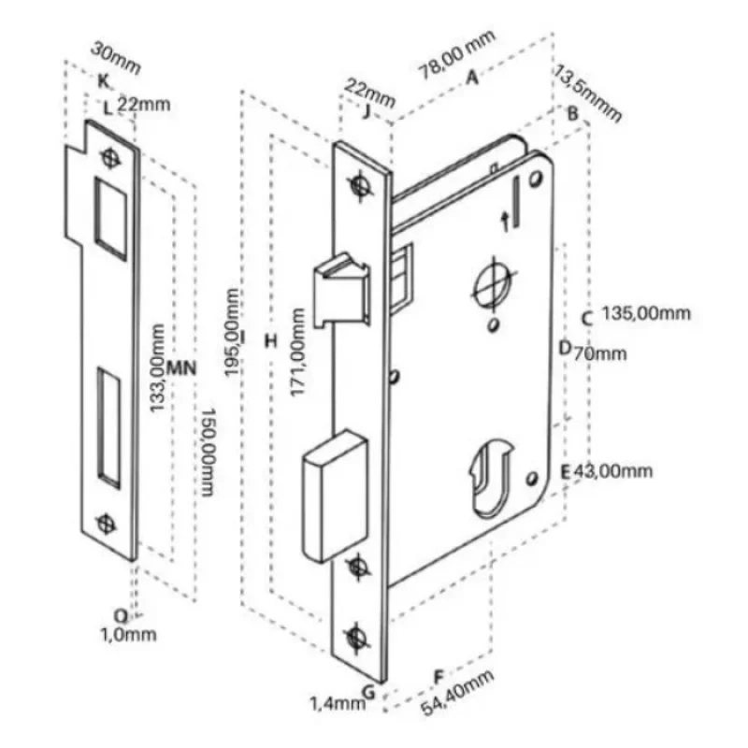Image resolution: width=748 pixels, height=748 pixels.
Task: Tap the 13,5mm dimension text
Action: pos(588,94)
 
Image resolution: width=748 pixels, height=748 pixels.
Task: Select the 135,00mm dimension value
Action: pos(646,313)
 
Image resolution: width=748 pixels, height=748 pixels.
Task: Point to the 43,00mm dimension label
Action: pos(613,471)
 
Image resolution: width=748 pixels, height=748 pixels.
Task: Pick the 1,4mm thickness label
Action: pos(338,703)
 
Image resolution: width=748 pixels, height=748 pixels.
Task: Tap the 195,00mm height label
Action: pos(232,332)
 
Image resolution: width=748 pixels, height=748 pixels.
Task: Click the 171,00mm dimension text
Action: pos(297,352)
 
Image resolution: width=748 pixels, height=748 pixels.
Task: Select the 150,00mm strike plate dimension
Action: pos(208,453)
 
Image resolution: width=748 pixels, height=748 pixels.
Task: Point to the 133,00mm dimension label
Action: pos(157,367)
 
